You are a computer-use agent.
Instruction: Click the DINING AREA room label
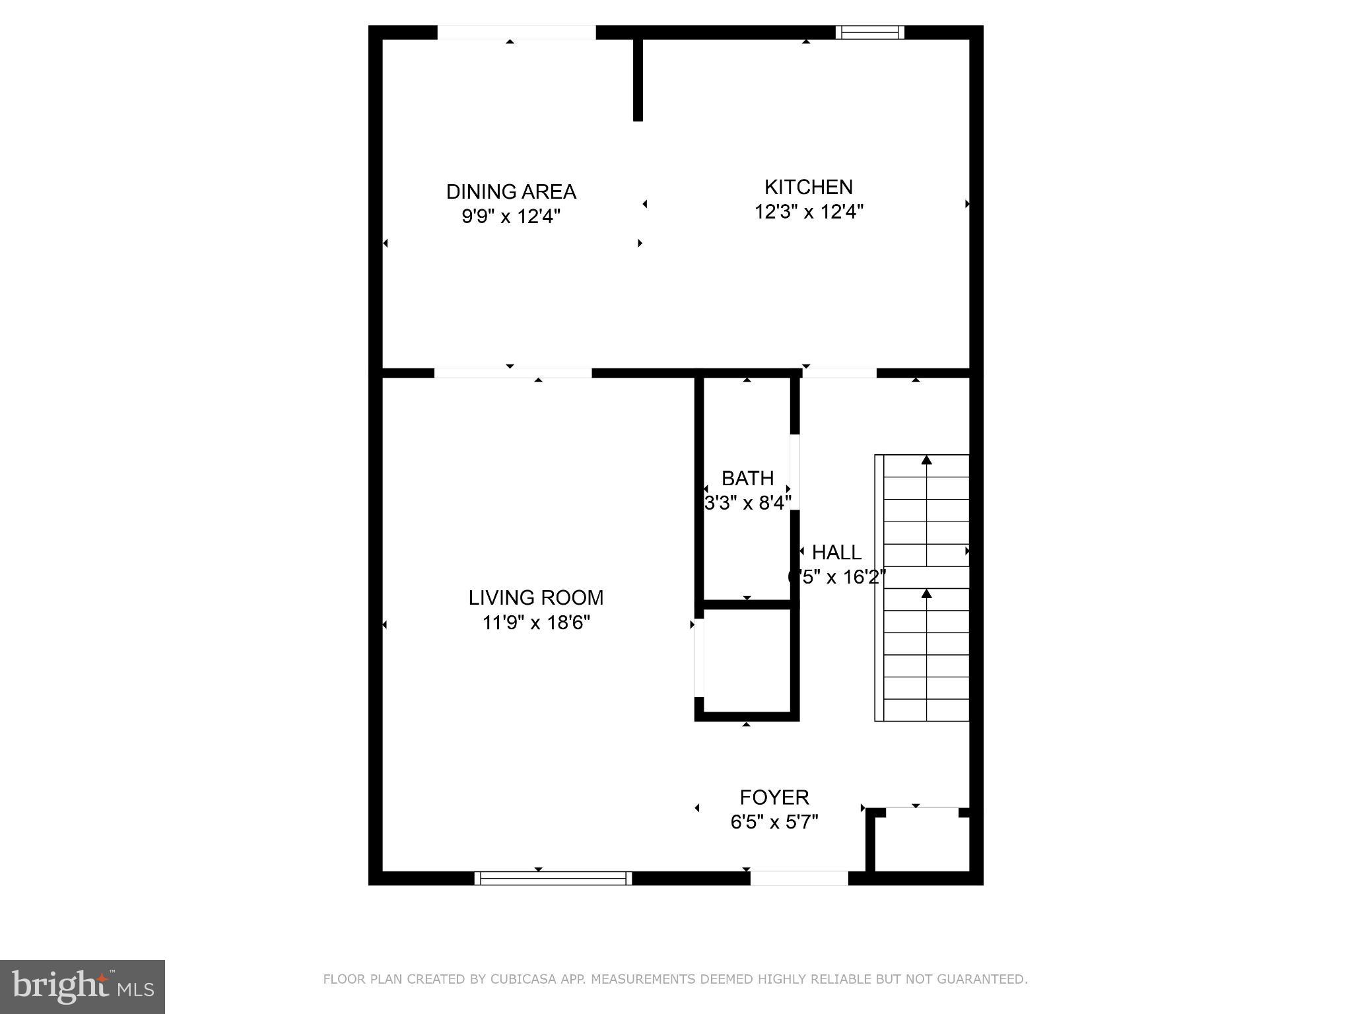(511, 191)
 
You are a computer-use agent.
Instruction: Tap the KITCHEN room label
(808, 187)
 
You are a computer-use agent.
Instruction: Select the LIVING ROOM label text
(535, 597)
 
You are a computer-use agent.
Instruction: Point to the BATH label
(747, 478)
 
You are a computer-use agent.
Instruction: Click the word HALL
(836, 552)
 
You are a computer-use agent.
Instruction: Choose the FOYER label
(774, 797)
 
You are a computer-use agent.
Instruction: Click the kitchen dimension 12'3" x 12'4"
(809, 212)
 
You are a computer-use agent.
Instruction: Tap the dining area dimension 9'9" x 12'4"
(511, 217)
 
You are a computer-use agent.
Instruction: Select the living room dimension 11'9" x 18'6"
(536, 623)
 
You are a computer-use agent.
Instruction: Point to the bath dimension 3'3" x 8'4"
(747, 503)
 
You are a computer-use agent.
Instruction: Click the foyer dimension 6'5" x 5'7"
(774, 822)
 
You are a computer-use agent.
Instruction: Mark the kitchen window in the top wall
(869, 32)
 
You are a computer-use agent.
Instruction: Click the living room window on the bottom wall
(553, 878)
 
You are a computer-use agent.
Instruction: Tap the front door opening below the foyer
(799, 878)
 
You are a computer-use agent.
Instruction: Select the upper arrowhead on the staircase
(926, 460)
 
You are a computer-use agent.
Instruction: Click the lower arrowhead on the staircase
(926, 594)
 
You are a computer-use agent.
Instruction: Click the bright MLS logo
(83, 987)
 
